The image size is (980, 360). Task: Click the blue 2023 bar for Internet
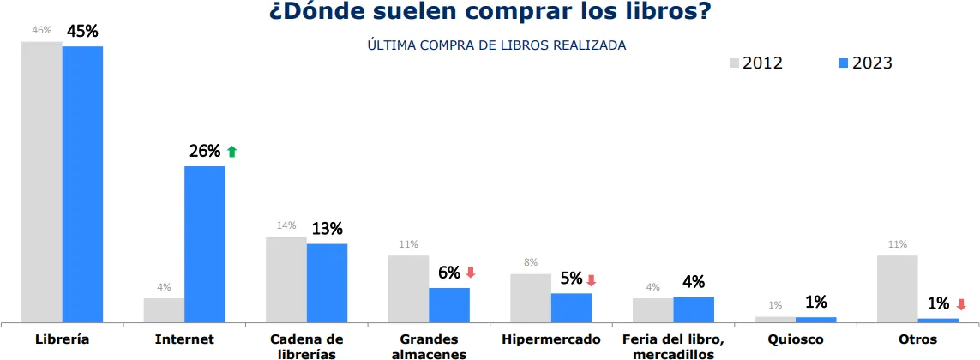205,244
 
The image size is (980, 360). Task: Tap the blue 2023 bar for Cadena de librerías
327,283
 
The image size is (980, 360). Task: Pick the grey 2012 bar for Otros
897,289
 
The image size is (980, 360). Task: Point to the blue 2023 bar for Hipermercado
571,308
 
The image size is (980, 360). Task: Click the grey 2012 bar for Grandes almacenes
408,289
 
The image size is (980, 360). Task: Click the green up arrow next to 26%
231,152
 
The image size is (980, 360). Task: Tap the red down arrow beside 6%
470,273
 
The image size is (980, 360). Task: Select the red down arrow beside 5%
591,279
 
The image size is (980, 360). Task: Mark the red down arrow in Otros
960,303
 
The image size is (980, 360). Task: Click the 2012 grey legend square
734,63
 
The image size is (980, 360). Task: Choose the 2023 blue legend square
843,63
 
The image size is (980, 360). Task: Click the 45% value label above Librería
82,32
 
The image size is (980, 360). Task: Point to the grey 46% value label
41,30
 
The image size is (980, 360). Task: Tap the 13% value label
327,229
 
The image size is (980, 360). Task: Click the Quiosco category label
795,339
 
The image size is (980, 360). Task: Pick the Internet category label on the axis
184,339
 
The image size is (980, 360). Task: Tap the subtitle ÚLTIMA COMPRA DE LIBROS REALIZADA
496,45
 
